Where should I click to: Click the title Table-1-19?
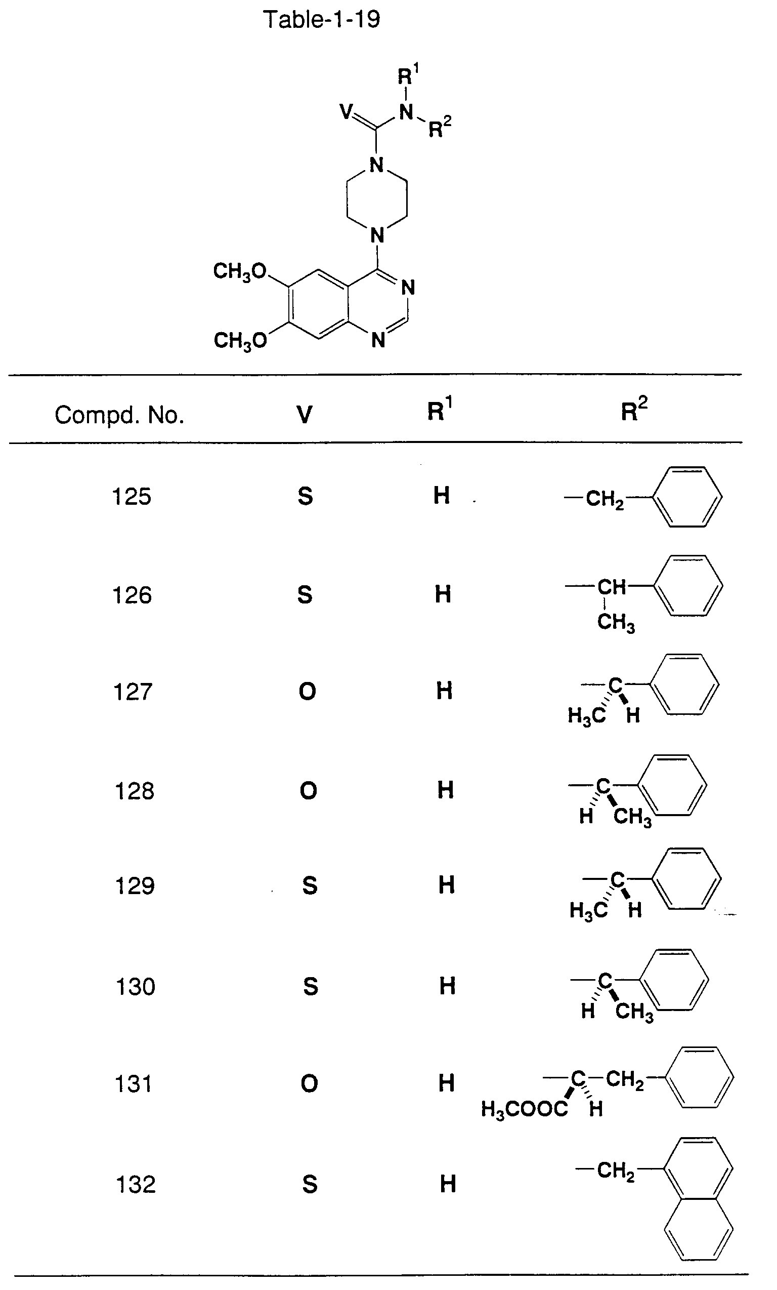pos(321,20)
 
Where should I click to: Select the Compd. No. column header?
pos(119,415)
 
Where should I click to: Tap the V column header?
pos(305,415)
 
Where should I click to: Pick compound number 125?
pos(132,496)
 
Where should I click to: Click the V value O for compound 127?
pos(308,692)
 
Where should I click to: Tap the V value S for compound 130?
pos(311,987)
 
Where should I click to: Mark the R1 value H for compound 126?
pos(443,594)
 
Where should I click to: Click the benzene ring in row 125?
pos(688,497)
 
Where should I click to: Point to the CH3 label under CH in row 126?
pos(616,623)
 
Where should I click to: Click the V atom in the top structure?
pos(347,111)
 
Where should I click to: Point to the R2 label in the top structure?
pos(440,127)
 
